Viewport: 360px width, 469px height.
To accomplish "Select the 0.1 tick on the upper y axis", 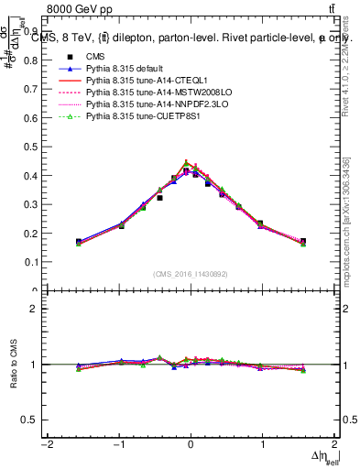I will click(35, 262).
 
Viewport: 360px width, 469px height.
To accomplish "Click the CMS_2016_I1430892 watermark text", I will click(191, 272).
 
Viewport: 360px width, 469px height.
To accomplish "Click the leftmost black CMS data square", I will click(79, 242).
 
